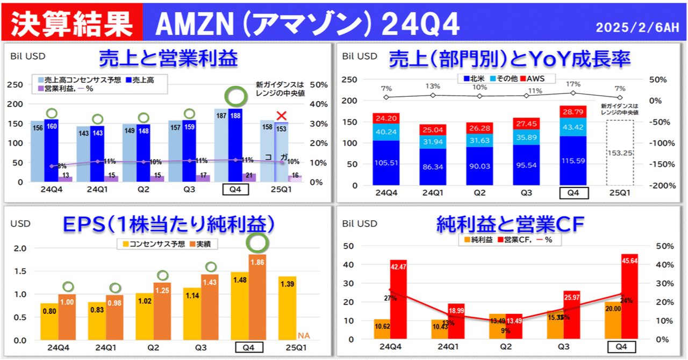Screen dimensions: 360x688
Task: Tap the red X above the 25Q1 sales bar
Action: pos(281,116)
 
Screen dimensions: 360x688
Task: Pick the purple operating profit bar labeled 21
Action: pos(249,177)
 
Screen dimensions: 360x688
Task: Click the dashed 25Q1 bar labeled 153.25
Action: pos(620,153)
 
